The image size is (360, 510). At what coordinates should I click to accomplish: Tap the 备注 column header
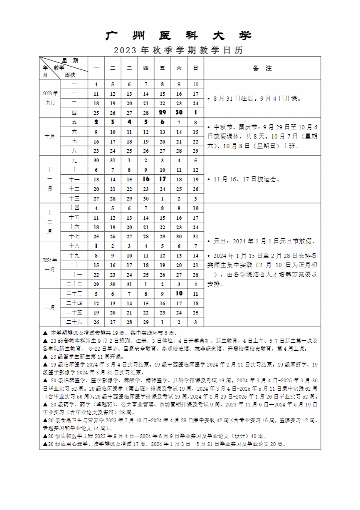(x=262, y=68)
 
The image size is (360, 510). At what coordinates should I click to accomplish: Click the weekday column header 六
(x=179, y=68)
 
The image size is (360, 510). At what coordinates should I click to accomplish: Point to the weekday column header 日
(x=196, y=68)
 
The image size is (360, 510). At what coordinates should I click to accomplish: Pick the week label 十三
(x=74, y=198)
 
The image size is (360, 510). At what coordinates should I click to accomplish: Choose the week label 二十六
(x=74, y=322)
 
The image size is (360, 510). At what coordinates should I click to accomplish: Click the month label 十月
(x=50, y=136)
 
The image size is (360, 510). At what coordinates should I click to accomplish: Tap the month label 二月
(x=50, y=308)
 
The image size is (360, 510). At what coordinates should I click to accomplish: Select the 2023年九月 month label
(x=50, y=98)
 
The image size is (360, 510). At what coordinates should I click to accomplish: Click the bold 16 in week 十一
(x=146, y=179)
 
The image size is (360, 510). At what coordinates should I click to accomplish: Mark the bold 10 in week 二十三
(x=179, y=293)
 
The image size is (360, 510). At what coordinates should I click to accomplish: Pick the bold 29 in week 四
(x=163, y=113)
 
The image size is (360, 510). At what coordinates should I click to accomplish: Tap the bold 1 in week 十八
(x=96, y=246)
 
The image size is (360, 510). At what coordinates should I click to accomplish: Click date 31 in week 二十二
(x=129, y=284)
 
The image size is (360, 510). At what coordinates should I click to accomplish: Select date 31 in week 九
(x=113, y=160)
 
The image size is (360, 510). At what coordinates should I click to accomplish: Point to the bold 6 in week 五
(x=163, y=122)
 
